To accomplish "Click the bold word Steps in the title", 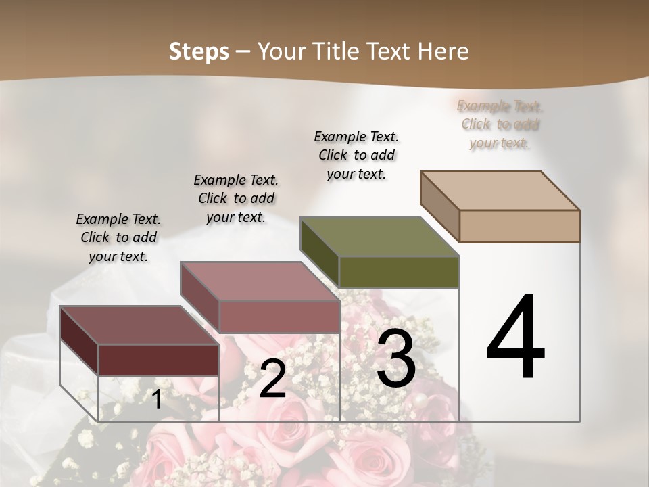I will pos(198,51).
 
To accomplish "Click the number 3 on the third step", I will pos(396,358).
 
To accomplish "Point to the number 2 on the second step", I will pos(272,379).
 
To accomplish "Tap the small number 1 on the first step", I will pos(156,399).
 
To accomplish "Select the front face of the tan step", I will pos(519,226).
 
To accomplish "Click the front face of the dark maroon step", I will pos(158,360).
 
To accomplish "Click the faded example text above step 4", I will pos(500,124).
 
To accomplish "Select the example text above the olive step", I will pos(356,155).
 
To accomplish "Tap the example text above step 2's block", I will pos(236,198).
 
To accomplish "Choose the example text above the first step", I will pos(118,237).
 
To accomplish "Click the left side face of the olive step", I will pos(319,252).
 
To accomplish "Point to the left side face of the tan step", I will pos(439,206).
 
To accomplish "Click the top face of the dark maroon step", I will pos(139,325).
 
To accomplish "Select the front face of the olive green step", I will pos(399,272).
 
